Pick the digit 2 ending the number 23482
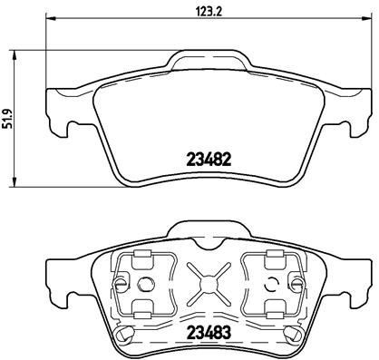tap(229, 157)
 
